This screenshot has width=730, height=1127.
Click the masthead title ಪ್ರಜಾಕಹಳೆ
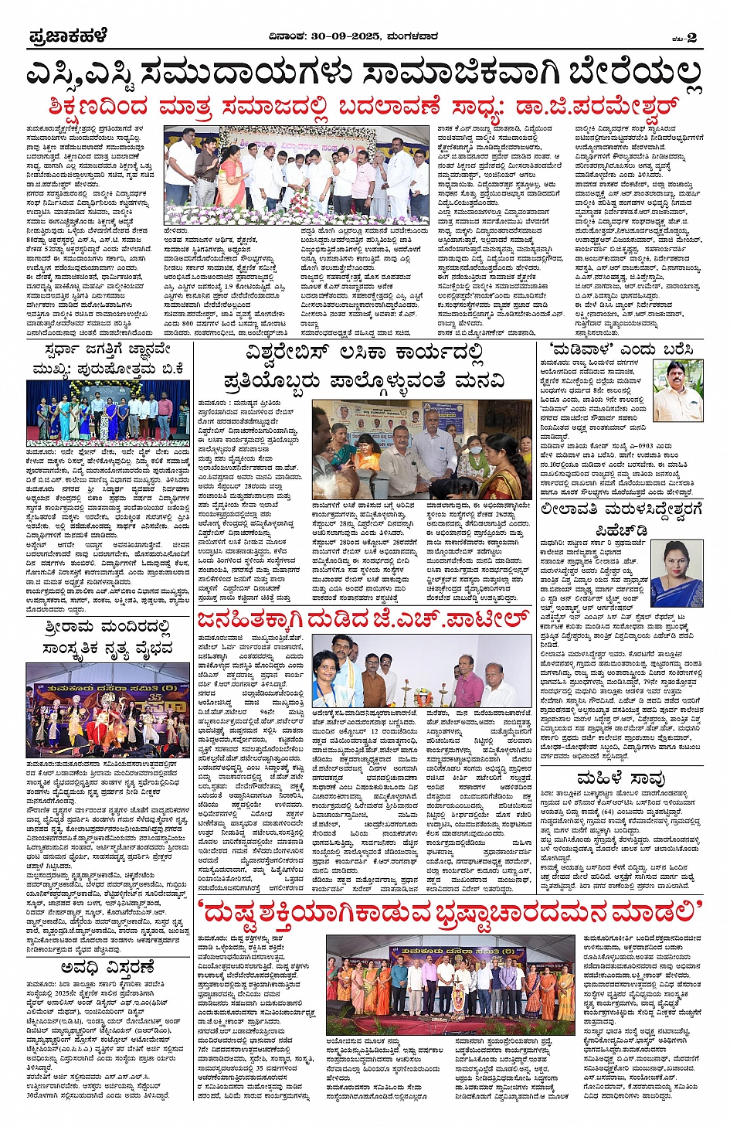68,36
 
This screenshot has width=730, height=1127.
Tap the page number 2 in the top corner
691,37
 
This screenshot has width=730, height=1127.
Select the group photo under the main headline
296,175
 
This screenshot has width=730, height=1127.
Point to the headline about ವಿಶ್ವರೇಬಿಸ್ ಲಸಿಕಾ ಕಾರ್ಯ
364,366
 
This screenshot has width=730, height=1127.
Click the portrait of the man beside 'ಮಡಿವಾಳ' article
677,390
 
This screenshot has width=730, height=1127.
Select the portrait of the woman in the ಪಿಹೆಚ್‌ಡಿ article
677,573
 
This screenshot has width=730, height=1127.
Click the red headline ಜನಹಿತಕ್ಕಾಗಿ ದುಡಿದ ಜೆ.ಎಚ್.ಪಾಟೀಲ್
363,619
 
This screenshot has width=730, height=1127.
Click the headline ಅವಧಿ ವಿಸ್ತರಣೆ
108,968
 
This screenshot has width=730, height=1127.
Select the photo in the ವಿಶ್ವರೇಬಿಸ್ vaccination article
430,450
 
